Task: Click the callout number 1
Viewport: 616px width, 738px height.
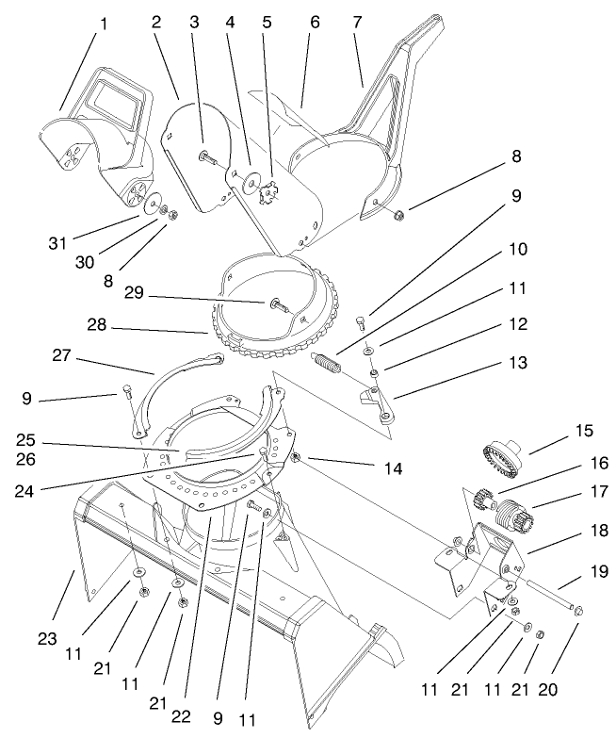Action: (104, 24)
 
